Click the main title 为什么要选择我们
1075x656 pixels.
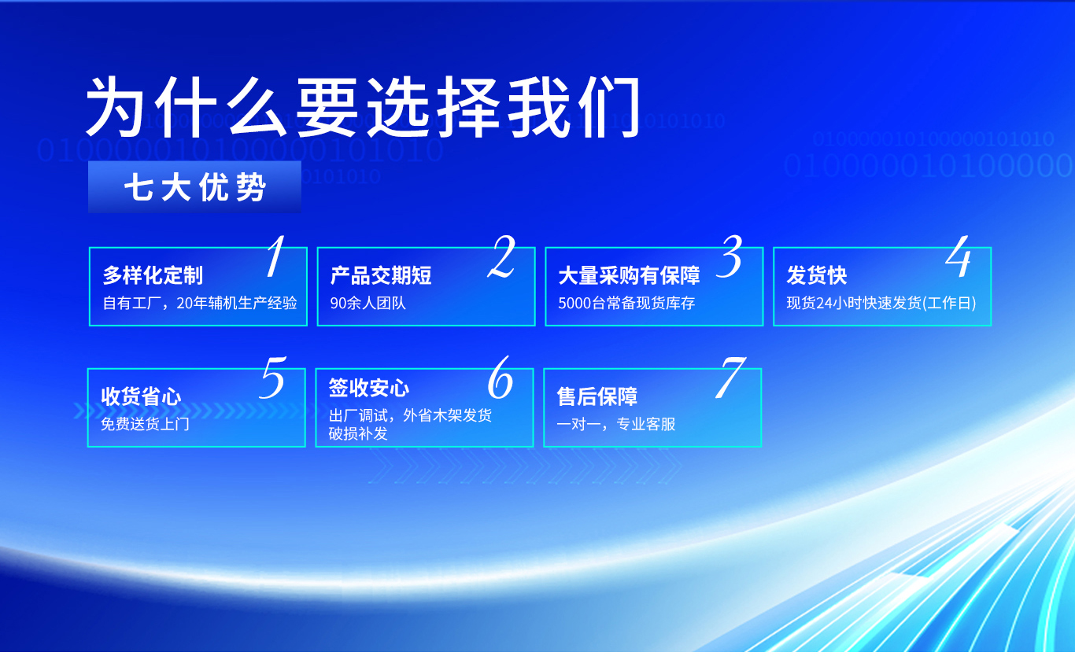[x=362, y=108]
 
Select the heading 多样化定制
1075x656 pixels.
[x=153, y=275]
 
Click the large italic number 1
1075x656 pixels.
[x=275, y=256]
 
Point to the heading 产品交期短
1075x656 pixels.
[x=381, y=275]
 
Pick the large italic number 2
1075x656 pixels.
[x=501, y=256]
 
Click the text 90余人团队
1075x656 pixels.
[x=368, y=303]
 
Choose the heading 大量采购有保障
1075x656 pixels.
[x=629, y=275]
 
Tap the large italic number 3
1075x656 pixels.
[x=731, y=256]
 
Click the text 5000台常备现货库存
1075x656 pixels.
[x=626, y=303]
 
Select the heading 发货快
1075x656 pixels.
[x=816, y=275]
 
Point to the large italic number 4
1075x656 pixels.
[x=959, y=256]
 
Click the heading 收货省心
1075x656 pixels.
[x=141, y=396]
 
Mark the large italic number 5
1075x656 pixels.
[x=272, y=378]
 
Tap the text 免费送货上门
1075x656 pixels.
[x=145, y=424]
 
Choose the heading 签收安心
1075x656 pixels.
[x=369, y=388]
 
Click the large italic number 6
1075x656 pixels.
[x=500, y=378]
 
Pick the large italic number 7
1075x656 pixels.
[x=730, y=378]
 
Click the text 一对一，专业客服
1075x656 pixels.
[x=616, y=424]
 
